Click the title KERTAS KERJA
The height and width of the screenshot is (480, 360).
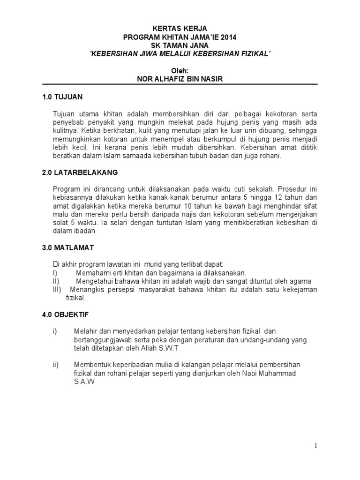click(180, 29)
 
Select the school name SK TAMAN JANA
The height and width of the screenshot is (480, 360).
click(180, 45)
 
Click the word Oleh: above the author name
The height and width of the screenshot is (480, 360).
click(180, 70)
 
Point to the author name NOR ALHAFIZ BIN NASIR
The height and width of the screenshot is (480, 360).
click(180, 79)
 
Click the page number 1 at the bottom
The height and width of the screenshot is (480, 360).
click(316, 446)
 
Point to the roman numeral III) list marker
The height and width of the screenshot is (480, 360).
click(57, 290)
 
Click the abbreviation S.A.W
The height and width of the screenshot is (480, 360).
click(84, 382)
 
